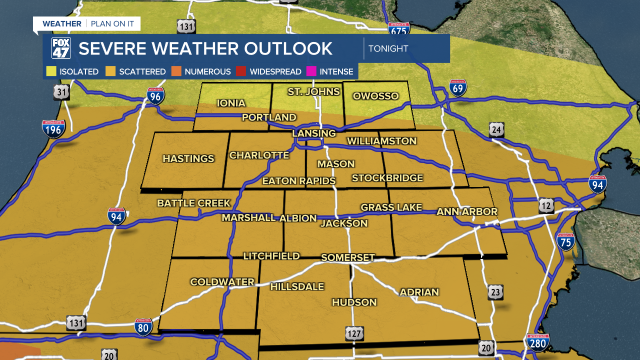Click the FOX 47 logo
(61, 48)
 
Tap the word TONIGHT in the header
(388, 48)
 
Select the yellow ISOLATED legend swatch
(51, 71)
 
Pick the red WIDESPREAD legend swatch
(241, 71)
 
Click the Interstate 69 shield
(457, 88)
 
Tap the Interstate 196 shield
(53, 129)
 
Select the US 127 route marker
(353, 333)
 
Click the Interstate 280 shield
(537, 342)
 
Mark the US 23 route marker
(495, 292)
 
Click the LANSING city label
(314, 133)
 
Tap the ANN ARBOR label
(467, 211)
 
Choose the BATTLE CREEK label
(193, 203)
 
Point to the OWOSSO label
(375, 96)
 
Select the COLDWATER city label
(222, 282)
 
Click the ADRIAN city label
(419, 292)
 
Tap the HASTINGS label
(188, 158)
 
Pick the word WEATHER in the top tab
(62, 24)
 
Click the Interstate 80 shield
(143, 327)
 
